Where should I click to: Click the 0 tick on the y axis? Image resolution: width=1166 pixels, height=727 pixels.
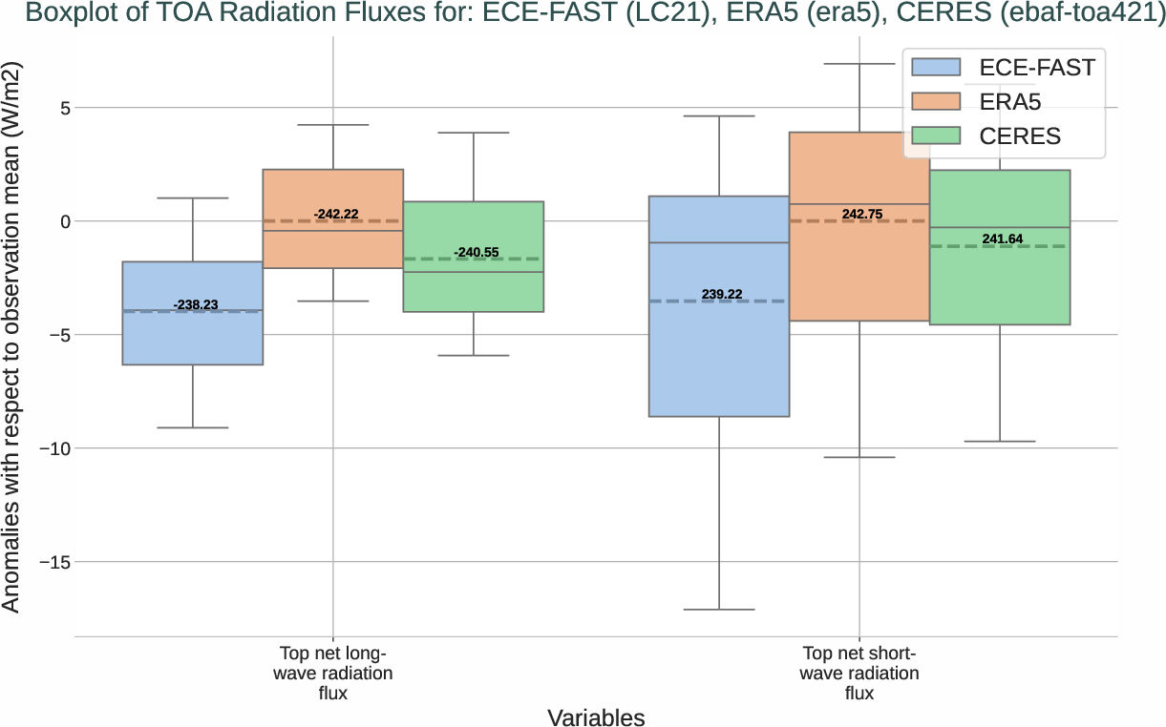coord(58,221)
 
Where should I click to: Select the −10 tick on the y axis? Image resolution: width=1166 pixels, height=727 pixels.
coord(50,448)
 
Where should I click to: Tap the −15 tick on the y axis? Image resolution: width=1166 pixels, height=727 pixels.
coord(50,562)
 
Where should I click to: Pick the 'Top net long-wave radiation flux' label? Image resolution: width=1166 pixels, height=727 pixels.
coord(332,674)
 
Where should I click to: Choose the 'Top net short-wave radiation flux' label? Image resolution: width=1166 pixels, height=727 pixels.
coord(859,674)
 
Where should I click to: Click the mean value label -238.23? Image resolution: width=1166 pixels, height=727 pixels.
coord(196,304)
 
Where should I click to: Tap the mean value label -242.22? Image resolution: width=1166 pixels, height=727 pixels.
coord(336,214)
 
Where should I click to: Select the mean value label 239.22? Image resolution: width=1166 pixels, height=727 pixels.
coord(722,294)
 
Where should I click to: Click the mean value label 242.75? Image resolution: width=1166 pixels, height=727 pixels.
coord(862,214)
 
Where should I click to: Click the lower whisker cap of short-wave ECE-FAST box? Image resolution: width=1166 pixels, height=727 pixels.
coord(719,609)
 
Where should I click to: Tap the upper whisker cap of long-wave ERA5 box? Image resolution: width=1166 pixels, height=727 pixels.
coord(332,125)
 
